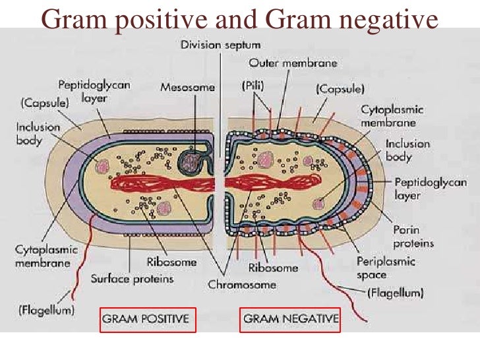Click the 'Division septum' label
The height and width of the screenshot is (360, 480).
coord(220,44)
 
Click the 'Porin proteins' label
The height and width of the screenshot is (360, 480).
coord(412,237)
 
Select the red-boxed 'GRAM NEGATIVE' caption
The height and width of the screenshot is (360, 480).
coord(290,319)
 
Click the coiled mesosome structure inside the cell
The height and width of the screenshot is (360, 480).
coord(192,162)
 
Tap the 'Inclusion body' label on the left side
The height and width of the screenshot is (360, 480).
coord(38,133)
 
